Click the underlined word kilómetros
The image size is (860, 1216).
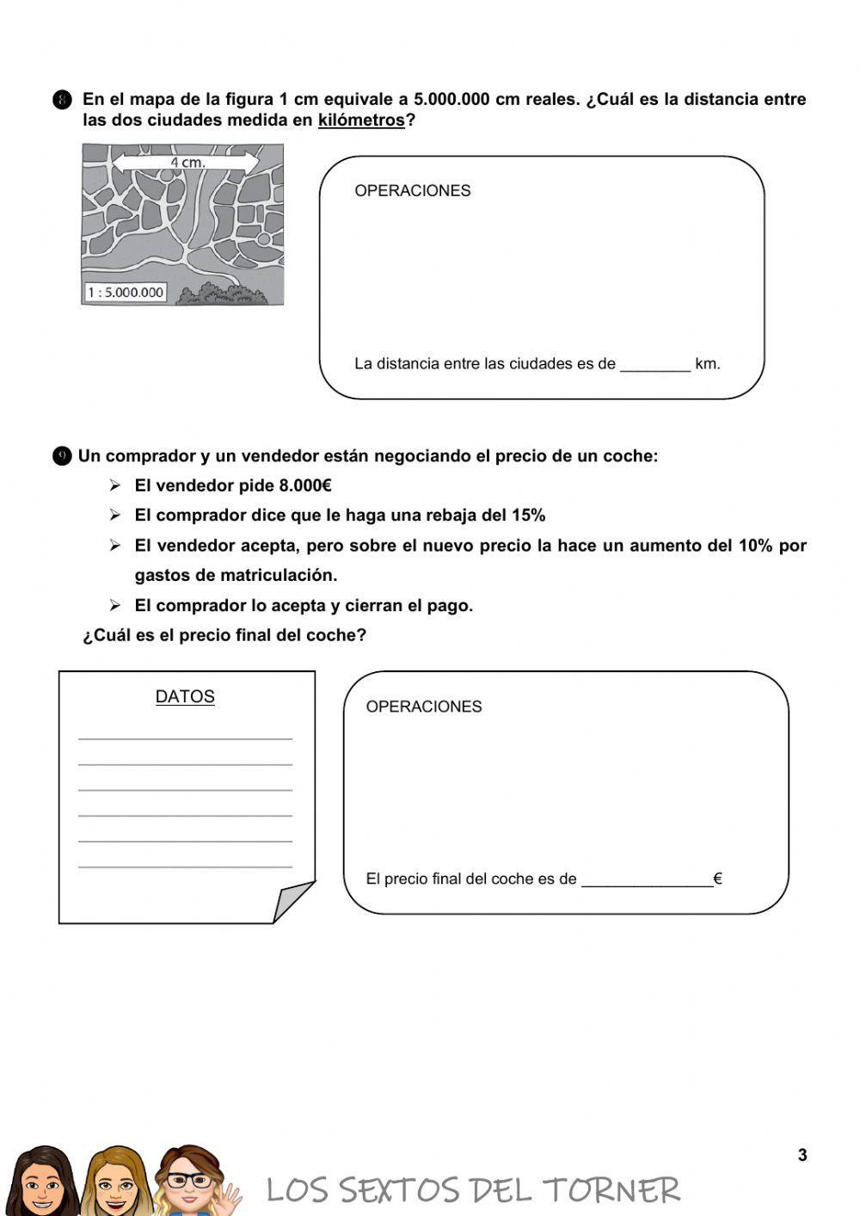coord(361,120)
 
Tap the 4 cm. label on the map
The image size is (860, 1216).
coord(187,162)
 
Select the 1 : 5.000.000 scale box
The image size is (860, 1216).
coord(126,293)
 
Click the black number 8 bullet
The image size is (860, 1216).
coord(62,101)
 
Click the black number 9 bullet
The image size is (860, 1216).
coord(62,457)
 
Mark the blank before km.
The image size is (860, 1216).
coord(654,365)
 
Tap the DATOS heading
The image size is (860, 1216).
coord(185,697)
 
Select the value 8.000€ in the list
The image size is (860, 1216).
coord(305,486)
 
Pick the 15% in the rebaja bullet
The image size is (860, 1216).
coord(528,515)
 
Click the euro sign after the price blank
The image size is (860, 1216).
coord(717,880)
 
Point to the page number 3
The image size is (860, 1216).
coord(802,1155)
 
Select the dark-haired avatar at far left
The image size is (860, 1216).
coord(39,1181)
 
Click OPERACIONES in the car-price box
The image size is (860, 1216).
coord(424,707)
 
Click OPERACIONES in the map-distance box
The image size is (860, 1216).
coord(413,191)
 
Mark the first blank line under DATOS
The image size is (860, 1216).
coord(185,738)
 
